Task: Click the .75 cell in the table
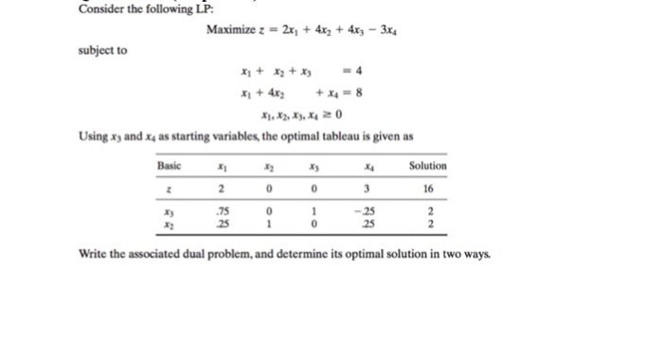coord(222,211)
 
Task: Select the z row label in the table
coord(168,188)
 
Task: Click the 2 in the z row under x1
coord(222,188)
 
